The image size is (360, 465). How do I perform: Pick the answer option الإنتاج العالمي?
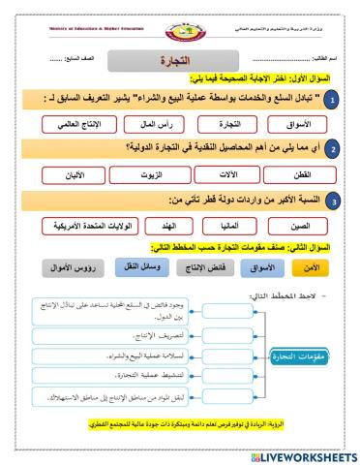click(78, 125)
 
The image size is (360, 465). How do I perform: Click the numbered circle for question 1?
click(331, 100)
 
